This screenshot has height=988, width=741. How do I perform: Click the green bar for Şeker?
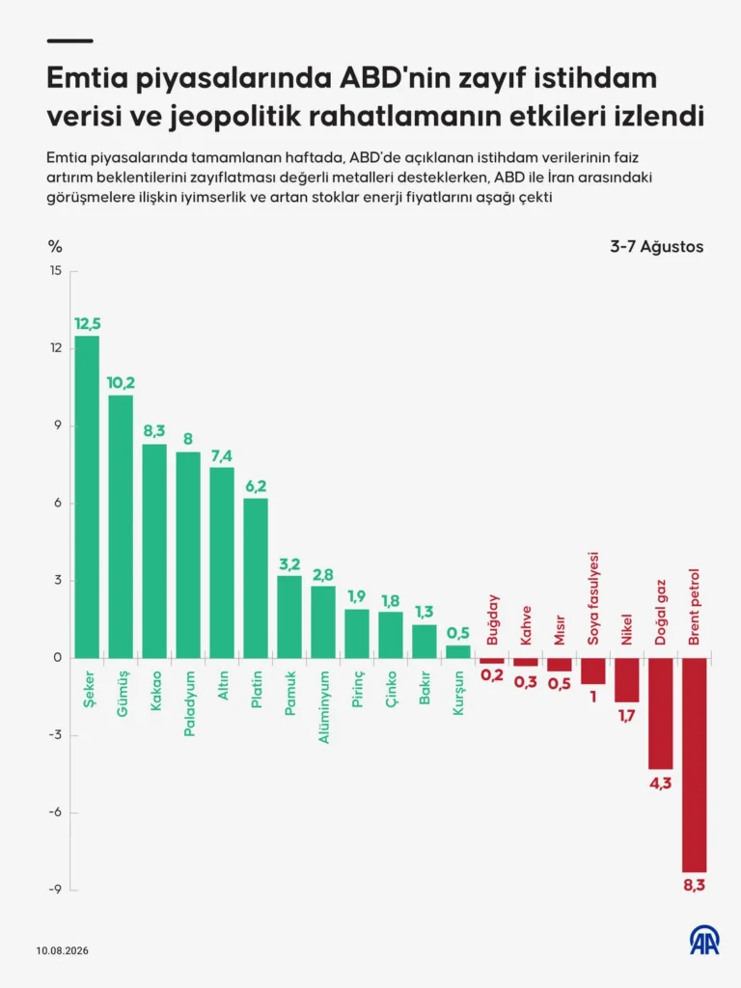[x=87, y=497]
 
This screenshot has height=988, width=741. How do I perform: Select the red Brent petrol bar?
[x=695, y=765]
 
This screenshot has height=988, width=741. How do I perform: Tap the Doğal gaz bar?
[x=660, y=713]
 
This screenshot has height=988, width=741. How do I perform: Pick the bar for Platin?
[x=256, y=579]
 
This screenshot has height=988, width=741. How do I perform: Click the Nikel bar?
[x=627, y=680]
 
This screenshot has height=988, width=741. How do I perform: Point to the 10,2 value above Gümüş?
[x=121, y=382]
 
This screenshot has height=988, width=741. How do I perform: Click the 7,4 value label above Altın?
[x=222, y=455]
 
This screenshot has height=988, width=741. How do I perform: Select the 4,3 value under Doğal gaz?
[x=660, y=783]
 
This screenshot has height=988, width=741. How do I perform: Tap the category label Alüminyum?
[x=324, y=707]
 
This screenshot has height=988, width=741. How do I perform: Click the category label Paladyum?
[x=189, y=703]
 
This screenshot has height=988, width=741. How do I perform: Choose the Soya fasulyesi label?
[x=593, y=598]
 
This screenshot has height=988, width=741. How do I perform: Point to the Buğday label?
[x=492, y=620]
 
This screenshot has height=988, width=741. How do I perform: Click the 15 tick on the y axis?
[x=56, y=271]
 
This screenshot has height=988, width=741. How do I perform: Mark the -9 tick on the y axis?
[x=55, y=890]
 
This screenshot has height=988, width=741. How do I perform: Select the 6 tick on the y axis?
[x=58, y=503]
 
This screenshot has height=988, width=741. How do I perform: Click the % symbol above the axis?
[x=55, y=246]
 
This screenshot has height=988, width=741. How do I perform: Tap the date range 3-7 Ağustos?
[x=656, y=247]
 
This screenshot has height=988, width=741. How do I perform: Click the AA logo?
[x=703, y=940]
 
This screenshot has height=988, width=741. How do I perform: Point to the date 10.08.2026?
[x=63, y=950]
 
